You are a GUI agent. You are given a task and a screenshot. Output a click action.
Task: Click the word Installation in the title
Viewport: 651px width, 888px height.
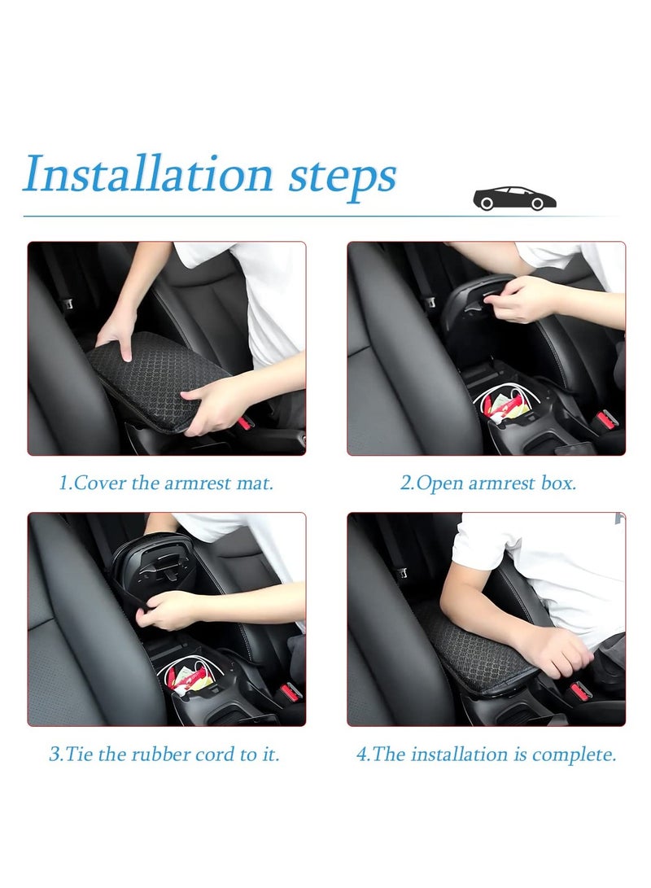pos(146,175)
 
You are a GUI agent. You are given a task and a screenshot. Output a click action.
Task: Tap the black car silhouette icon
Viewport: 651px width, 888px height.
pos(514,199)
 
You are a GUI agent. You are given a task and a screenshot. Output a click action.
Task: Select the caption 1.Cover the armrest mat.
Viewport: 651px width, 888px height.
pos(166,483)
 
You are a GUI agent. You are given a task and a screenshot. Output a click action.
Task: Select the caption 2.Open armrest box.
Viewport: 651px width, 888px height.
pos(487,483)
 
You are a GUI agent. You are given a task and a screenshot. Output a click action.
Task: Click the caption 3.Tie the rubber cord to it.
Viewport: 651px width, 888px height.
pos(164,754)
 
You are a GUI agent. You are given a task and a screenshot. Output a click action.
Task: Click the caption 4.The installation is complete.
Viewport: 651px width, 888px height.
pos(486,754)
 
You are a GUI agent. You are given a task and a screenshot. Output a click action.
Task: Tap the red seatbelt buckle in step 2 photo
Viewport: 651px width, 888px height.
pos(605,421)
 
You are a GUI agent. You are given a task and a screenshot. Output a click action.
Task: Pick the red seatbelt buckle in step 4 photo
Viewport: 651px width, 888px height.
pos(579,692)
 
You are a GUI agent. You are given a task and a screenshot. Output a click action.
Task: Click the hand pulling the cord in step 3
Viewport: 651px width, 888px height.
pos(168,608)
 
